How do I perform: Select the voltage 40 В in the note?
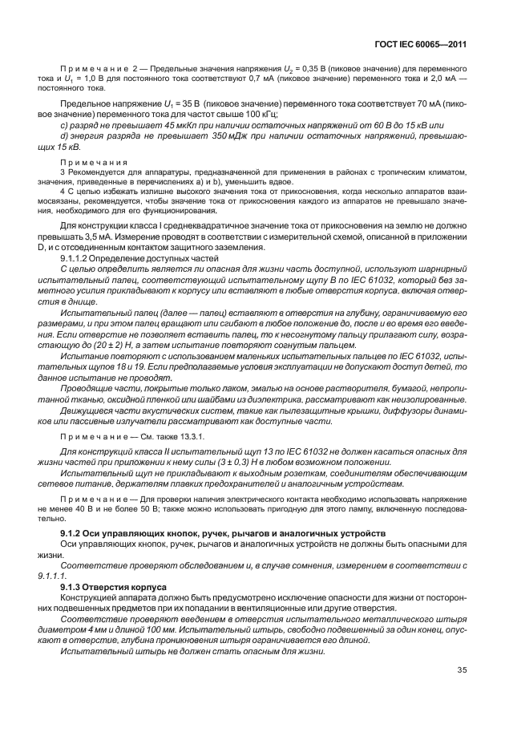click(x=94, y=509)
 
